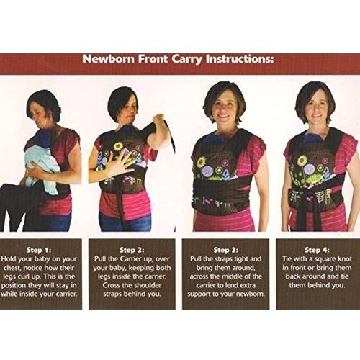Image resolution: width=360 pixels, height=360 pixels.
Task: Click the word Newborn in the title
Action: pyautogui.click(x=108, y=59)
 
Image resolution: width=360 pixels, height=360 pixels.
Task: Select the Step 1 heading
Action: pyautogui.click(x=39, y=250)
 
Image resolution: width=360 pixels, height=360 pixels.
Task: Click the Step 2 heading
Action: pyautogui.click(x=132, y=250)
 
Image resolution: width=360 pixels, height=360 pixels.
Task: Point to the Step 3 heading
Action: pyautogui.click(x=226, y=250)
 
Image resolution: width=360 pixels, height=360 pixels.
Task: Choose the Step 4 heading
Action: pyautogui.click(x=317, y=250)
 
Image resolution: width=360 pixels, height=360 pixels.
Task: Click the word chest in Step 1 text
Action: pyautogui.click(x=12, y=268)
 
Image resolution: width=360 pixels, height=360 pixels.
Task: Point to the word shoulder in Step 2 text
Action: pyautogui.click(x=148, y=285)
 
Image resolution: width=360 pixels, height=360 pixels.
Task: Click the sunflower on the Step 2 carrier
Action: pyautogui.click(x=118, y=146)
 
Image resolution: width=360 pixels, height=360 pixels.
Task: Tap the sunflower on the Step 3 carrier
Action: pyautogui.click(x=202, y=162)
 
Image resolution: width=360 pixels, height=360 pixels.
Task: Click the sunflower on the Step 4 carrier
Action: pyautogui.click(x=302, y=161)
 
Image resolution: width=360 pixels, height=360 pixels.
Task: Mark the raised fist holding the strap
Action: pyautogui.click(x=158, y=120)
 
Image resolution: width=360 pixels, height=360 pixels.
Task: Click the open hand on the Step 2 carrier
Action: pyautogui.click(x=120, y=161)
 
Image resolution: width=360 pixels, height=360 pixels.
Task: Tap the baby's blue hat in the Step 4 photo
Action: pyautogui.click(x=312, y=138)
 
